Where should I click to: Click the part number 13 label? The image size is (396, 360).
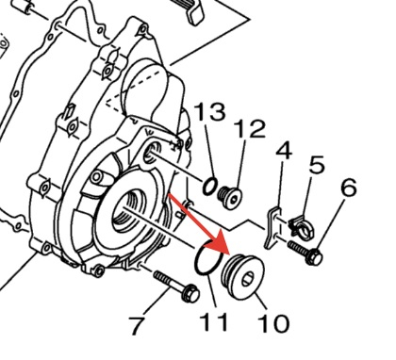pyautogui.click(x=209, y=111)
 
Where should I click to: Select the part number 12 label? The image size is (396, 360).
pyautogui.click(x=250, y=129)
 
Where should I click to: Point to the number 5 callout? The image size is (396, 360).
pyautogui.click(x=317, y=164)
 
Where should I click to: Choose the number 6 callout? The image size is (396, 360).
pyautogui.click(x=349, y=188)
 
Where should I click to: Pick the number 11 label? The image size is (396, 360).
pyautogui.click(x=214, y=322)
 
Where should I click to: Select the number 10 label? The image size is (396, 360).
pyautogui.click(x=273, y=324)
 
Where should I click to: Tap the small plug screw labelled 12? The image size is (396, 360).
pyautogui.click(x=231, y=197)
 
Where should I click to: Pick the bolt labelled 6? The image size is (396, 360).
pyautogui.click(x=305, y=253)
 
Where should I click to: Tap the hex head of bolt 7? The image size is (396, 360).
pyautogui.click(x=190, y=293)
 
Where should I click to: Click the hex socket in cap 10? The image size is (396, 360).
pyautogui.click(x=247, y=279)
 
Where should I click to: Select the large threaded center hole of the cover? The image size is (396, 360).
pyautogui.click(x=130, y=209)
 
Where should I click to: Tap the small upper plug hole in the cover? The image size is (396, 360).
pyautogui.click(x=152, y=150)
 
